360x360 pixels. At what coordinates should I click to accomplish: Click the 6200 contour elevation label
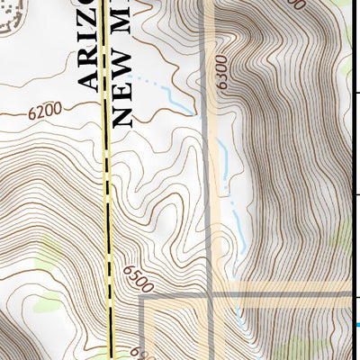45,112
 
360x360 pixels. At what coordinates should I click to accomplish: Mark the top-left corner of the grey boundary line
142,296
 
